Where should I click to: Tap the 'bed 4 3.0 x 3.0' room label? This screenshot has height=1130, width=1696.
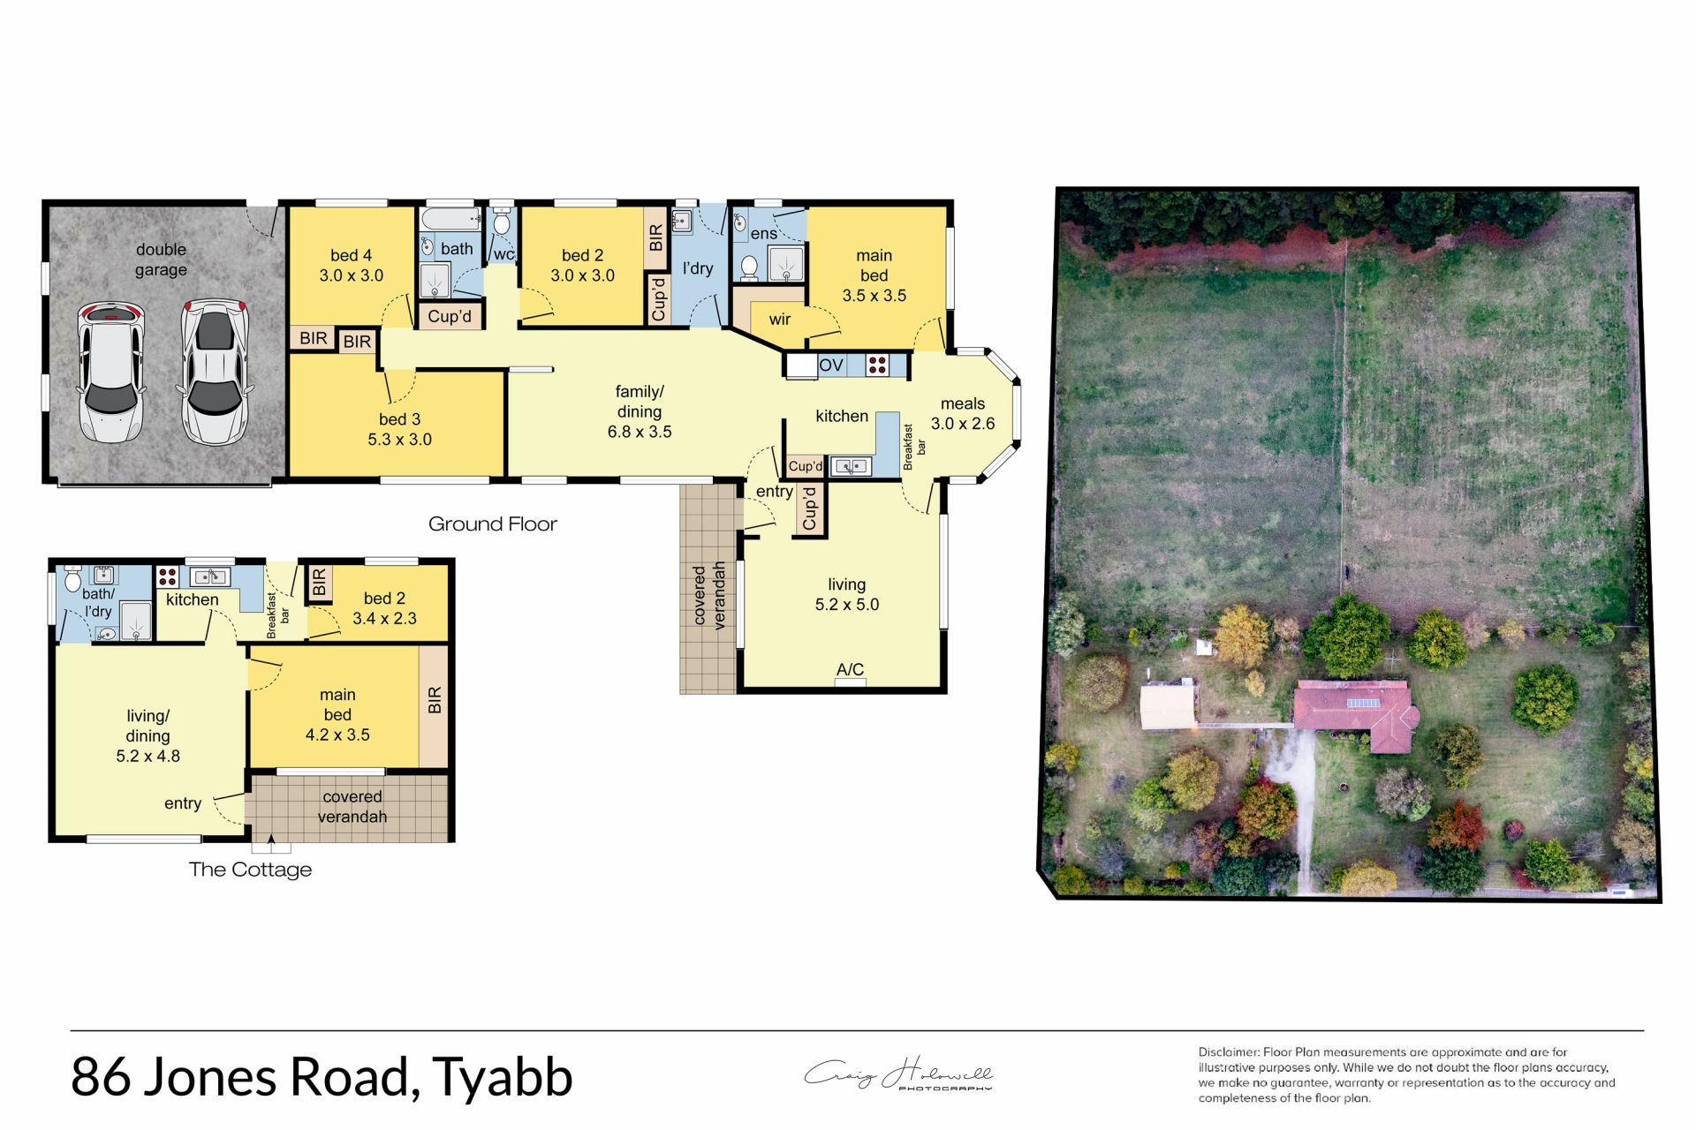[351, 266]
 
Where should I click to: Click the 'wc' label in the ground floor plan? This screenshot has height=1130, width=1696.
[503, 254]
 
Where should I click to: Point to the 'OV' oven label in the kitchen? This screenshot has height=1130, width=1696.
[830, 365]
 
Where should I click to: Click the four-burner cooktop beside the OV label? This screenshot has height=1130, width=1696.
[877, 365]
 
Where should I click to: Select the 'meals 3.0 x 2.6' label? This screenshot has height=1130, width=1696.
[962, 414]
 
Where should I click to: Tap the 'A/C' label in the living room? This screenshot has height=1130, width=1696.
[850, 669]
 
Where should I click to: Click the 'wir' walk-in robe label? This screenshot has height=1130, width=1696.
[779, 320]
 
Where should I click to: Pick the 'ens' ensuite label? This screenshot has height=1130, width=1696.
[763, 234]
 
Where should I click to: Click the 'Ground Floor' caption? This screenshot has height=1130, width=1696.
[492, 524]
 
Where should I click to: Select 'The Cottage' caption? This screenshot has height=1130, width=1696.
[250, 870]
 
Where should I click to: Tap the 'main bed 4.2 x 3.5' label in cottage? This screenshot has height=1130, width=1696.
[337, 715]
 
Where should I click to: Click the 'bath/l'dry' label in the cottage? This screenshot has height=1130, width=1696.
[98, 602]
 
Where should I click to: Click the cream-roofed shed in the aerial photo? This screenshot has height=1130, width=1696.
[1168, 707]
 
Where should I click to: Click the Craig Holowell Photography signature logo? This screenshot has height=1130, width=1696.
[898, 1075]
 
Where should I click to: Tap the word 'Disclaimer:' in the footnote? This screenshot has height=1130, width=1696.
[1229, 1052]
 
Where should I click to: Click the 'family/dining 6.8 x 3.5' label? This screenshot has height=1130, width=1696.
[640, 411]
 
